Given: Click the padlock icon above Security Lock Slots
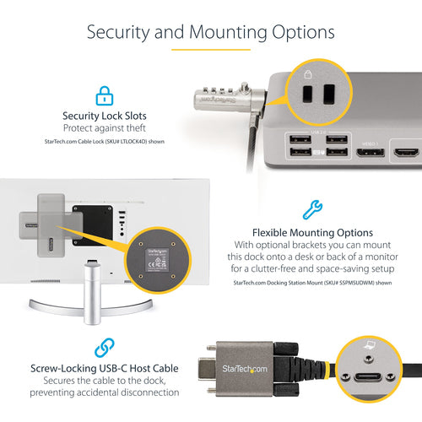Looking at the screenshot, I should point(104,94).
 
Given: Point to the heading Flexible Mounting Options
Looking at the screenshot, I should point(312,231).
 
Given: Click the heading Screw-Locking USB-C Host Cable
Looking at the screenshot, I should point(105,368).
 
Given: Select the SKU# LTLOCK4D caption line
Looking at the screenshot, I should point(105,141).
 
